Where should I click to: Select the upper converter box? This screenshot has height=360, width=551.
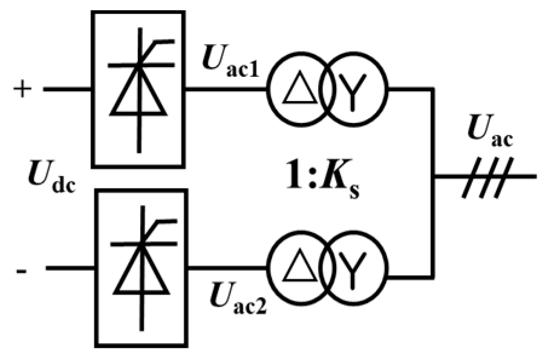coord(139,88)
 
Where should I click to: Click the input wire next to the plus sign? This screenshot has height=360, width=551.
coord(67,90)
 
